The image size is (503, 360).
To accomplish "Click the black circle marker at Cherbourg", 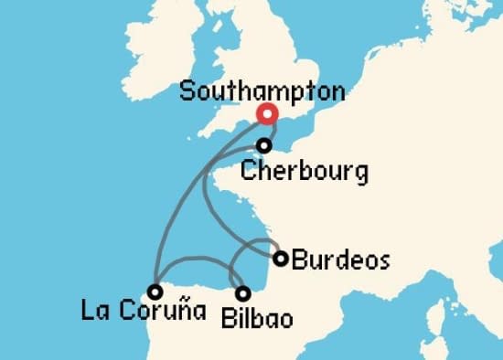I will point(264,145).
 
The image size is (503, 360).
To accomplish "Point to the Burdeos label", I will point(340,260).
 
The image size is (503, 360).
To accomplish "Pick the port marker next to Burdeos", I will point(281,258).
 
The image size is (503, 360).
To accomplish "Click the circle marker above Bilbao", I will point(242,293).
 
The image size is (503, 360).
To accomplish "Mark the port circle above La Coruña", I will point(155,291).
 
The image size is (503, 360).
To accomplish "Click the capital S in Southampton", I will point(187,91).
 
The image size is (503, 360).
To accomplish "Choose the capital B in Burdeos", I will point(298,260).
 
